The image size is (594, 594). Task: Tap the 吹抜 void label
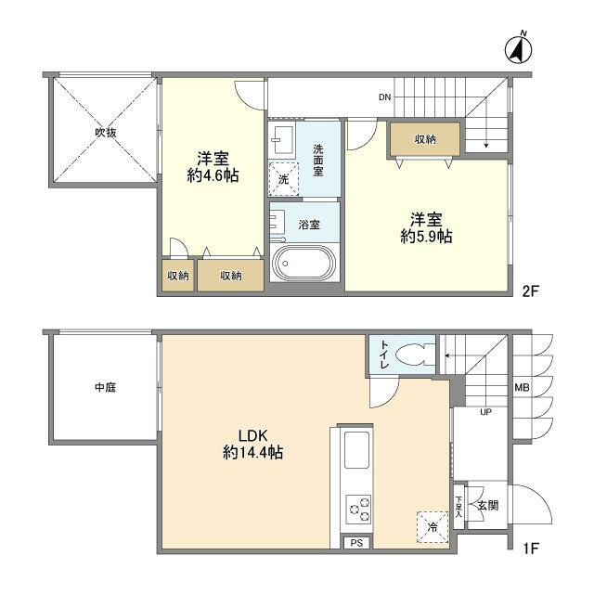[105, 133]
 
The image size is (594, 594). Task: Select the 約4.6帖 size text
[213, 175]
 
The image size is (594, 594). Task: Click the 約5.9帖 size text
[426, 237]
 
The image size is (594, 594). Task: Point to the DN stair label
[385, 97]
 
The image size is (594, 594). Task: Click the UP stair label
[485, 413]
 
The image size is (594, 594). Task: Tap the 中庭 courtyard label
[104, 387]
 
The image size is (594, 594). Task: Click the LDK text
[252, 434]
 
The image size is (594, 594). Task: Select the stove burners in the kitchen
[358, 510]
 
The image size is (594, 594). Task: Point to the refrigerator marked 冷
[432, 526]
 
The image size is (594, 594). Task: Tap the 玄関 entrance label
[488, 506]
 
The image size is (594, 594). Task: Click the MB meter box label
[522, 388]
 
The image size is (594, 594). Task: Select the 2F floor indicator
[530, 291]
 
